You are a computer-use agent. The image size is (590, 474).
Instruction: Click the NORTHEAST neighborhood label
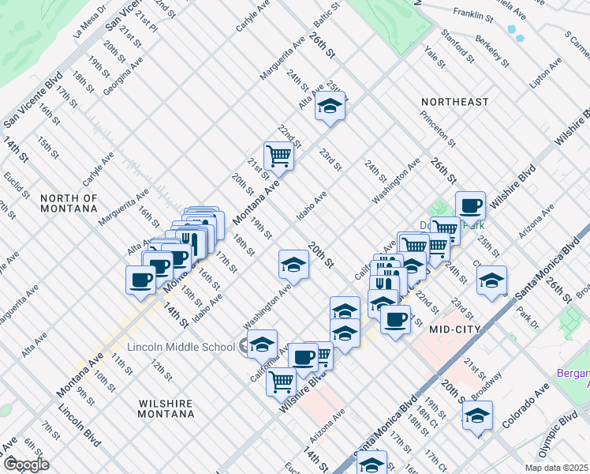tap(454, 103)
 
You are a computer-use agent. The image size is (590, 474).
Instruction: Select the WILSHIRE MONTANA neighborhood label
tap(166, 408)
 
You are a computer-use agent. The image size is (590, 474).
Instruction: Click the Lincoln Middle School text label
tap(180, 347)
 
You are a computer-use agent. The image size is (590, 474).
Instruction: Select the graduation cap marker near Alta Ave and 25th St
tap(330, 106)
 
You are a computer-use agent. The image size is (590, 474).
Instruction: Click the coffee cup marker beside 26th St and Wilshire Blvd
tap(470, 205)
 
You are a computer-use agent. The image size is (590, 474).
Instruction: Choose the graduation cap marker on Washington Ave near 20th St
tap(293, 264)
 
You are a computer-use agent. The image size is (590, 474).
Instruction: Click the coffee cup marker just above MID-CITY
tap(395, 319)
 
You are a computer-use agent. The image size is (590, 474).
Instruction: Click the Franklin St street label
tap(473, 14)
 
